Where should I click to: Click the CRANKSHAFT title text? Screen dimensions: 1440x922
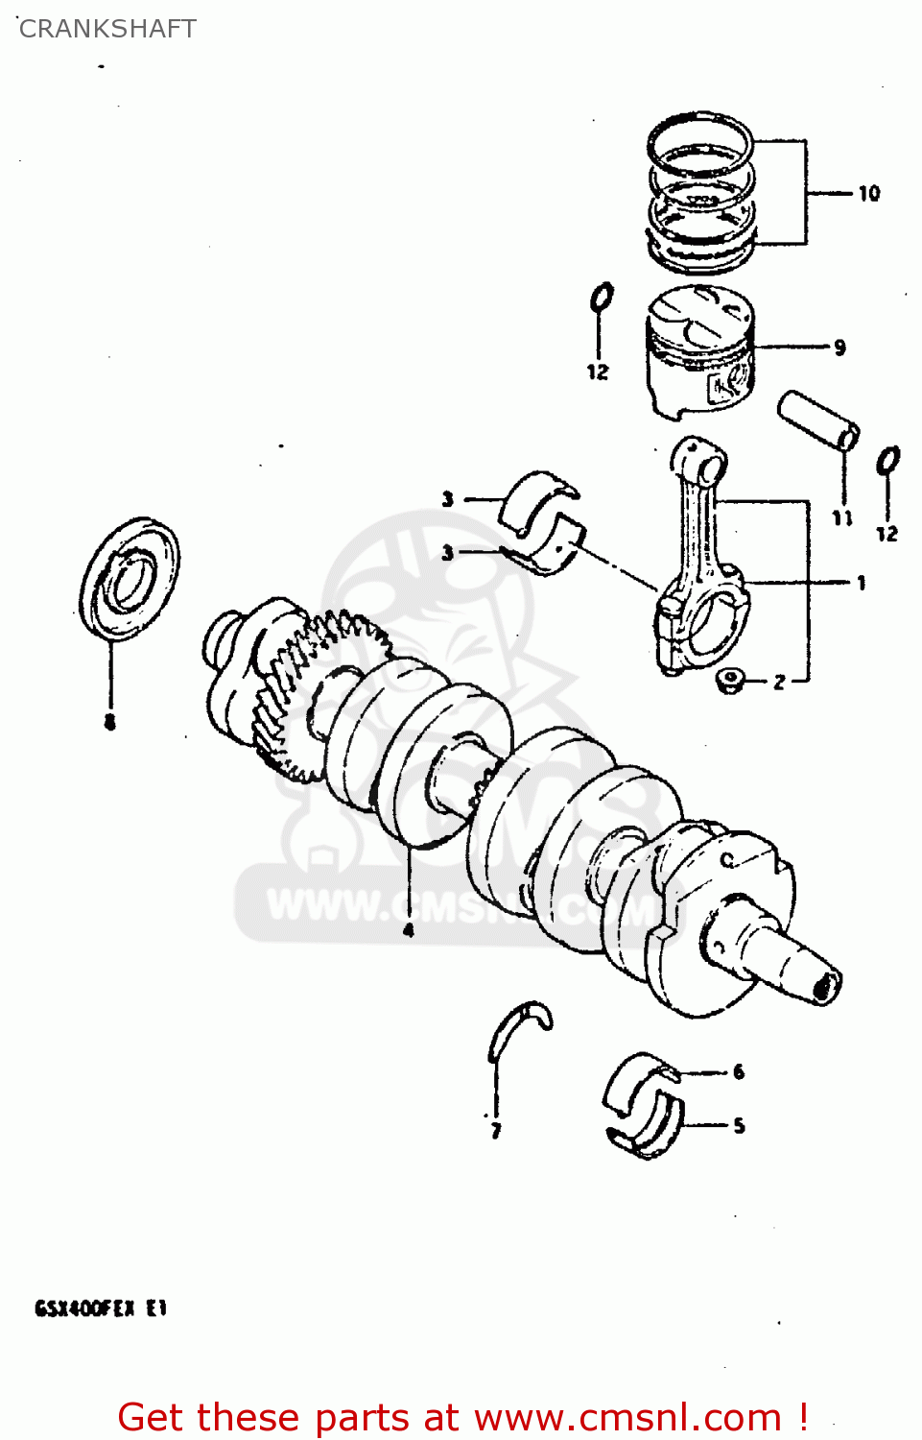(107, 29)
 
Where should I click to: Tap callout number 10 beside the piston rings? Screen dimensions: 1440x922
(868, 194)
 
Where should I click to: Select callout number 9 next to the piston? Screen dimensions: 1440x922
(839, 348)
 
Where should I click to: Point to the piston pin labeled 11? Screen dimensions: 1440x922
(818, 420)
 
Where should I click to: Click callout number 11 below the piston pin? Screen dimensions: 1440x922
(842, 518)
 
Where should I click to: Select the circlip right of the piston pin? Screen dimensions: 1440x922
(888, 461)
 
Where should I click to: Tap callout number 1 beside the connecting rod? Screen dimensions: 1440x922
(861, 583)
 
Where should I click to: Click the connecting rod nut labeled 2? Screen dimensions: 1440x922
(729, 680)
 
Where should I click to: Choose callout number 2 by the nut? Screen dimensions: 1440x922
(779, 682)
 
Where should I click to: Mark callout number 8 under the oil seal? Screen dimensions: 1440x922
(110, 722)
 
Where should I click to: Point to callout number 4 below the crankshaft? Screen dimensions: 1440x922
(409, 929)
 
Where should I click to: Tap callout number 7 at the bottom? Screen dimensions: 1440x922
(496, 1131)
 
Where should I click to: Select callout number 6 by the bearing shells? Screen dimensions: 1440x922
(738, 1072)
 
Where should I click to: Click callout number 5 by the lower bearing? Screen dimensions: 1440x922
(739, 1125)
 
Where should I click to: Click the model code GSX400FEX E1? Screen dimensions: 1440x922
(101, 1308)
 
